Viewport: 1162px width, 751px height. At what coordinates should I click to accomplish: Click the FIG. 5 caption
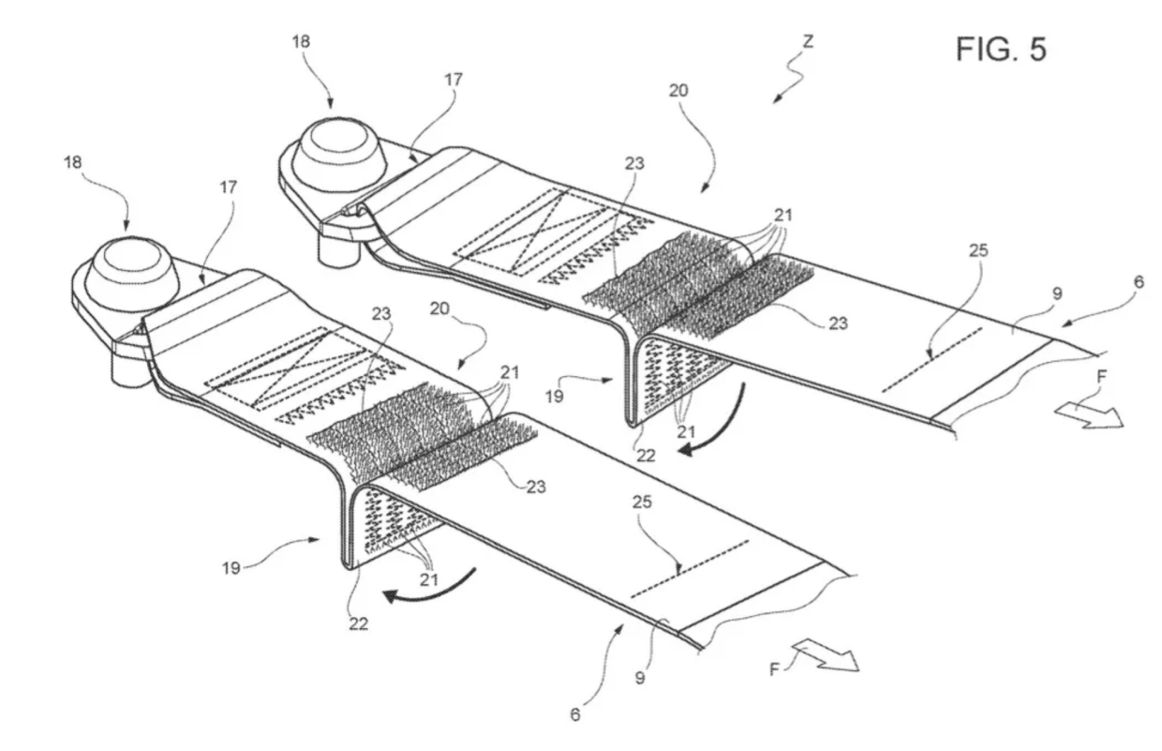(x=1001, y=50)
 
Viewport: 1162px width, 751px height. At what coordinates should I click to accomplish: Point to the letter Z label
(x=808, y=41)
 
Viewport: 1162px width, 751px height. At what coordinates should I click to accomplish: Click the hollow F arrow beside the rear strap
(x=1089, y=416)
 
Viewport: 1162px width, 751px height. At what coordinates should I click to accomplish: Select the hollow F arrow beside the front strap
(x=826, y=655)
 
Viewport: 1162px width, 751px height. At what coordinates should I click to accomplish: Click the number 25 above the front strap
(x=642, y=502)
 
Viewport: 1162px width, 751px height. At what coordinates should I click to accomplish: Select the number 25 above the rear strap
(x=978, y=250)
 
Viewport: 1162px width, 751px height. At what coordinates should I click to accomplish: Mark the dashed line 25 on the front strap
(x=690, y=569)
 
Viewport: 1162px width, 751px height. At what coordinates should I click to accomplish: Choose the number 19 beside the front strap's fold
(x=231, y=568)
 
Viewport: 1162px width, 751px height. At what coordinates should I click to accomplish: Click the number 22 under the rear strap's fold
(x=646, y=456)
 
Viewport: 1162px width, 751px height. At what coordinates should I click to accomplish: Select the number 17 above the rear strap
(x=453, y=80)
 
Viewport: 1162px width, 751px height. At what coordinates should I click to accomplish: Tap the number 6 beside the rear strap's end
(x=1139, y=282)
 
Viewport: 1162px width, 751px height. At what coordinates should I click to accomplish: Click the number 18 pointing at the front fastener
(x=73, y=162)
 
